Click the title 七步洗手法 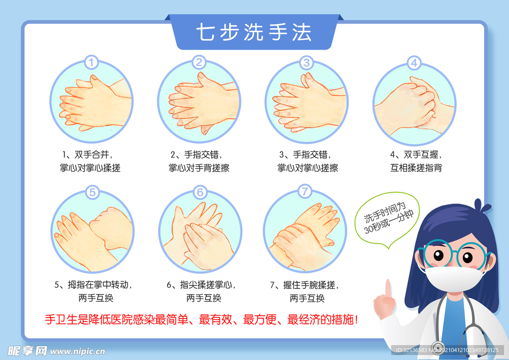254,32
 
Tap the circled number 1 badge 92,63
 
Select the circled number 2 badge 199,63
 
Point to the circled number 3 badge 306,63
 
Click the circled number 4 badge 414,63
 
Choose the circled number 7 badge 305,191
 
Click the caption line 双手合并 90,155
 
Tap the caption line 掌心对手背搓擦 199,168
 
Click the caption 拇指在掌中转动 96,285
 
